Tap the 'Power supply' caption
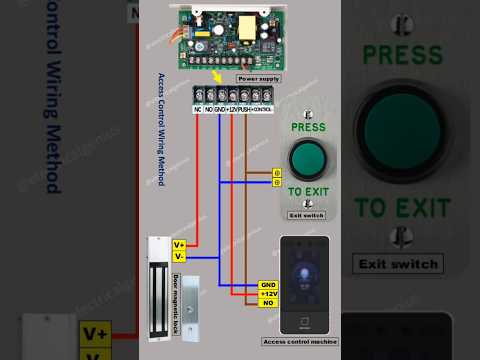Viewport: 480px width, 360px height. click(x=258, y=78)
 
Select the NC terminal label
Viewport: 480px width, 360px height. click(x=198, y=107)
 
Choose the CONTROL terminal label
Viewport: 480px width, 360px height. click(x=262, y=107)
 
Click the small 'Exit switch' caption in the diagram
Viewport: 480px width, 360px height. click(x=307, y=215)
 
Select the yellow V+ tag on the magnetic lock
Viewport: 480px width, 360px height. click(x=179, y=244)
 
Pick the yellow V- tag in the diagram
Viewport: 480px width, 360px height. click(x=179, y=256)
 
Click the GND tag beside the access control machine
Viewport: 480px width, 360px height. click(x=267, y=285)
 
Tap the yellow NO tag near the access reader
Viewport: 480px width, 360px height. click(x=267, y=302)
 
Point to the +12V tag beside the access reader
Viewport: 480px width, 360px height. click(x=267, y=294)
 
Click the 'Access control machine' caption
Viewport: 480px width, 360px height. click(x=300, y=342)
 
